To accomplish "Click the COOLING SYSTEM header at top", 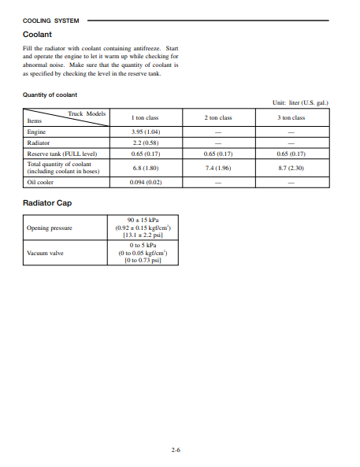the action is pos(50,20).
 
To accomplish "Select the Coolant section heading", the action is pos(37,34).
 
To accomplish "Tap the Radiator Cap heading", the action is pos(48,202).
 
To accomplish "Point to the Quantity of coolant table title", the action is pos(50,95).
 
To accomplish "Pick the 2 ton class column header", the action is pos(218,117).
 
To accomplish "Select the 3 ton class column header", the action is pos(291,117).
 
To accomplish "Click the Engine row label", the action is pos(36,132).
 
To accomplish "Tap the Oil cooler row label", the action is pos(40,181).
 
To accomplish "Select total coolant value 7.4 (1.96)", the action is pos(218,168).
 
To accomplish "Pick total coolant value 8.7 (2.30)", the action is pos(291,168).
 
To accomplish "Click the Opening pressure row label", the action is pos(50,228).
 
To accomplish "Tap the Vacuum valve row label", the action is pos(45,254).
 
